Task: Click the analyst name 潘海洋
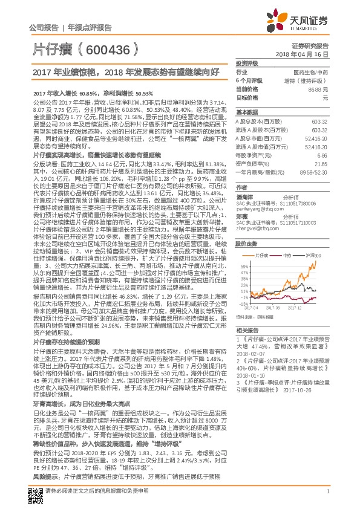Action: coord(244,196)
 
